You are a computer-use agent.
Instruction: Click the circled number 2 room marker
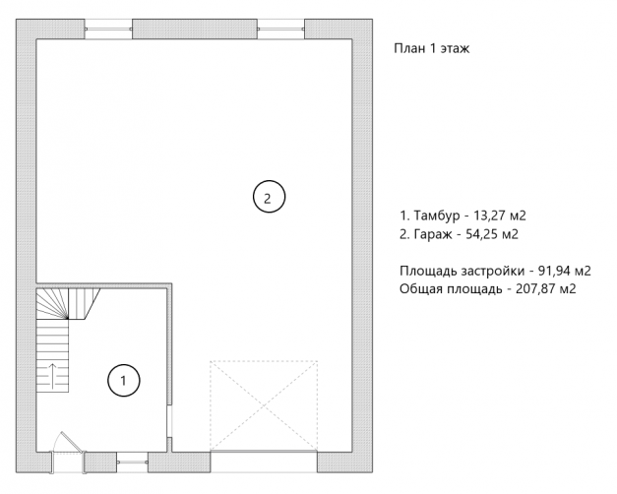coord(269,197)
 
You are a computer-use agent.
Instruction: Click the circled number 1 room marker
coord(124,380)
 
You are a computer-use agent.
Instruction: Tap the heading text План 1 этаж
coord(432,48)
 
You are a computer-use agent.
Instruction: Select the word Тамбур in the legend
coord(437,216)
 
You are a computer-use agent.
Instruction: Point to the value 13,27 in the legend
coord(489,216)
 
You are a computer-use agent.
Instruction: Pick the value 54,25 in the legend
coord(481,234)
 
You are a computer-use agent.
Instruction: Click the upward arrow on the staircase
coord(52,376)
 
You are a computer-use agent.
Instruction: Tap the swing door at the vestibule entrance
coord(67,452)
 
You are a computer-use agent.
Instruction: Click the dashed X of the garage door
coord(264,405)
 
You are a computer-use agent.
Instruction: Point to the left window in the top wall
coord(108,29)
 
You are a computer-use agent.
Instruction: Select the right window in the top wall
coord(281,29)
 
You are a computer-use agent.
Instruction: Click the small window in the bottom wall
coord(132,462)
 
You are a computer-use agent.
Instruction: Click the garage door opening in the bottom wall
coord(264,462)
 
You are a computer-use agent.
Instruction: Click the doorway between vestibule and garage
coord(169,421)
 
